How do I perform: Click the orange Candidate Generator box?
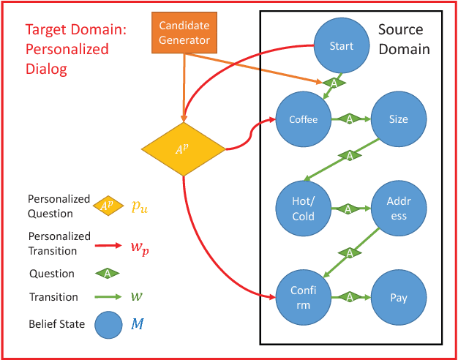[184, 33]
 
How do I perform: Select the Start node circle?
[342, 46]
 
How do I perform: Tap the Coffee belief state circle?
[303, 119]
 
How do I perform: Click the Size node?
[398, 119]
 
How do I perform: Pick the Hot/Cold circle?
[303, 209]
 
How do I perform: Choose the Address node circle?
[398, 209]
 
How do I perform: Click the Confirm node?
[303, 298]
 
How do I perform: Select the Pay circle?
[398, 298]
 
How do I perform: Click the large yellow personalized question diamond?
[183, 149]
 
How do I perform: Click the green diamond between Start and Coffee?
[334, 84]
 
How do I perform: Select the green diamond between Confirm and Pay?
[350, 298]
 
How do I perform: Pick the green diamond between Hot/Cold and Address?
[350, 209]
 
